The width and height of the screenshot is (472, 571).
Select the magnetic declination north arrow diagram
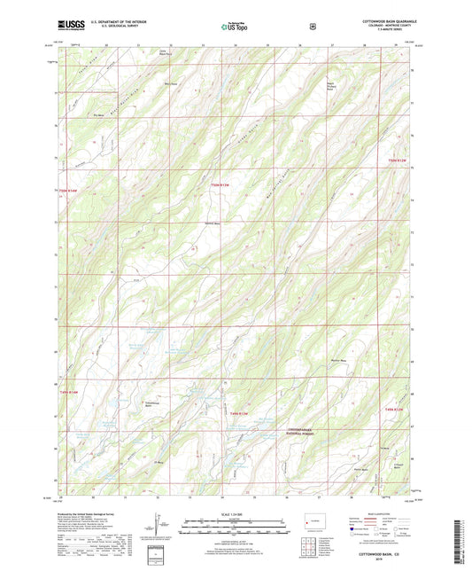(157, 528)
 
